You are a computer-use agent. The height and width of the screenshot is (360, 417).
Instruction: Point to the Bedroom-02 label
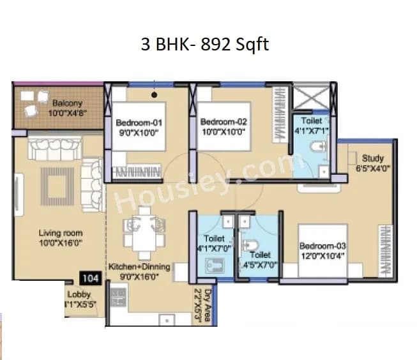click(x=224, y=122)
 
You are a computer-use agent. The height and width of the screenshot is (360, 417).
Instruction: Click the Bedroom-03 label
click(x=324, y=246)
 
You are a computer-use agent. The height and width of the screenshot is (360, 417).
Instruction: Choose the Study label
click(x=372, y=158)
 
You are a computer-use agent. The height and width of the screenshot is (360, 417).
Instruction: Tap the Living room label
click(x=61, y=234)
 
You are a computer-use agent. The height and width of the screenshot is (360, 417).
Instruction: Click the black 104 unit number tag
click(x=89, y=278)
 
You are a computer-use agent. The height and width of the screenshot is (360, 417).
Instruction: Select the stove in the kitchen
click(x=118, y=297)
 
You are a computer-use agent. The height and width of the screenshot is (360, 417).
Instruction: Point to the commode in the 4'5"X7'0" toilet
click(x=253, y=245)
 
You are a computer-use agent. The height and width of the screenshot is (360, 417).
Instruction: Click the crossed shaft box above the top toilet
click(x=310, y=98)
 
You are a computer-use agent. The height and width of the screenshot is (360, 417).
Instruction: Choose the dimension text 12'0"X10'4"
click(x=324, y=255)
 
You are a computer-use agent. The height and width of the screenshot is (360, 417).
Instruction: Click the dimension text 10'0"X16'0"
click(x=61, y=243)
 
